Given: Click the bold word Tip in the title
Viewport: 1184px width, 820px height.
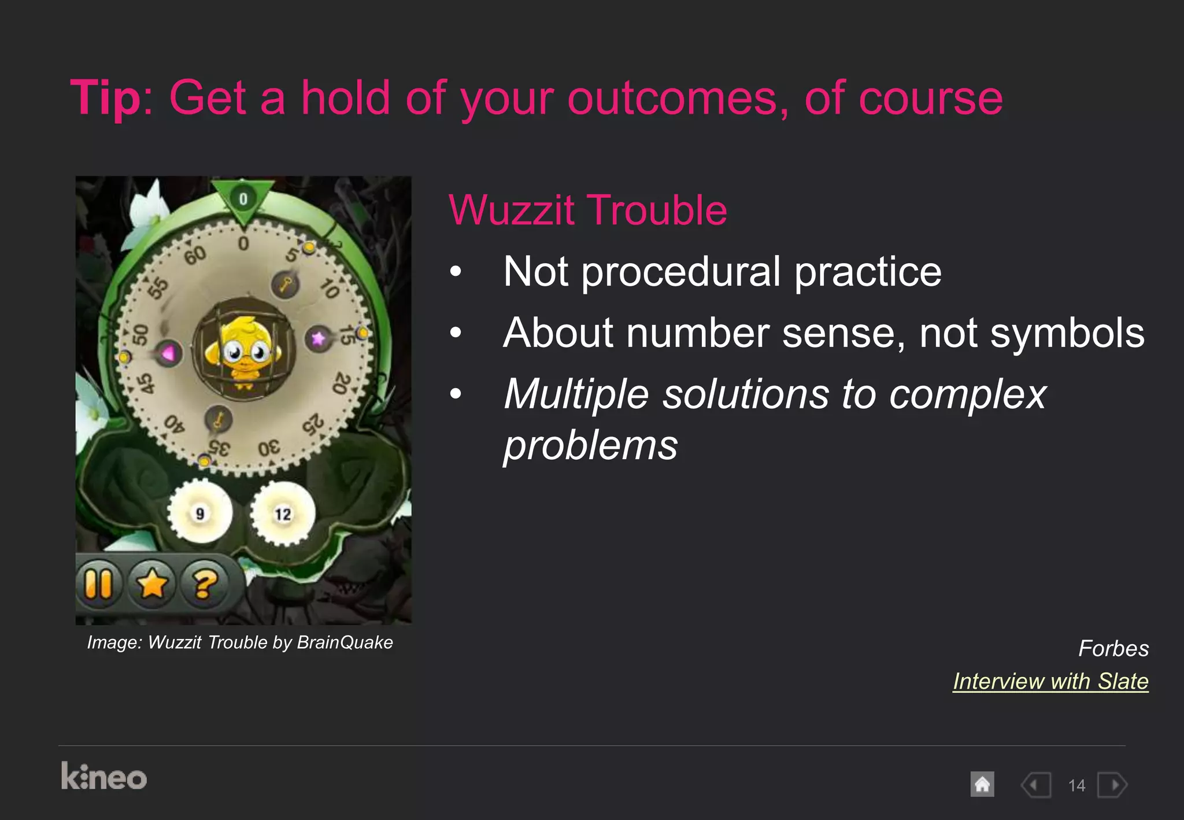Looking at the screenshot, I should (105, 98).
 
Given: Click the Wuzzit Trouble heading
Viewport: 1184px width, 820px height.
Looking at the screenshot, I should (587, 210).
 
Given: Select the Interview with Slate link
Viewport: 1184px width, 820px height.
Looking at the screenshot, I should (1050, 681).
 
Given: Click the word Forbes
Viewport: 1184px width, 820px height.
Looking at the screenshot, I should (1113, 648).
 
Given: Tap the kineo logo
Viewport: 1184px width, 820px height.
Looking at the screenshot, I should (104, 777).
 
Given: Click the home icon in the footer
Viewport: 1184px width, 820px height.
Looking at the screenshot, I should (982, 785).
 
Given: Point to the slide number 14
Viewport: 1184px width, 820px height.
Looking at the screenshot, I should (1076, 785).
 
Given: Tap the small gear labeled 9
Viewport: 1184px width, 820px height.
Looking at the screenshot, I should (200, 514).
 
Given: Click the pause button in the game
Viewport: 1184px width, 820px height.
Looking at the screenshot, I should (98, 584).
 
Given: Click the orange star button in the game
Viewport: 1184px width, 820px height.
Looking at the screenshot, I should (151, 584).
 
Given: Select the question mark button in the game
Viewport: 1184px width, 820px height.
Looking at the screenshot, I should (205, 584).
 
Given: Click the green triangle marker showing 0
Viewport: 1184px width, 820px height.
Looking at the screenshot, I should (243, 200).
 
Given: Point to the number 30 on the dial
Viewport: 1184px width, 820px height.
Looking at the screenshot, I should (269, 448).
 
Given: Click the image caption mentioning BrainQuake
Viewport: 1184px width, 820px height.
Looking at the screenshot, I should (240, 642).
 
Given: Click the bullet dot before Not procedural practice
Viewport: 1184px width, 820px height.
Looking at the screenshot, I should (456, 271).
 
